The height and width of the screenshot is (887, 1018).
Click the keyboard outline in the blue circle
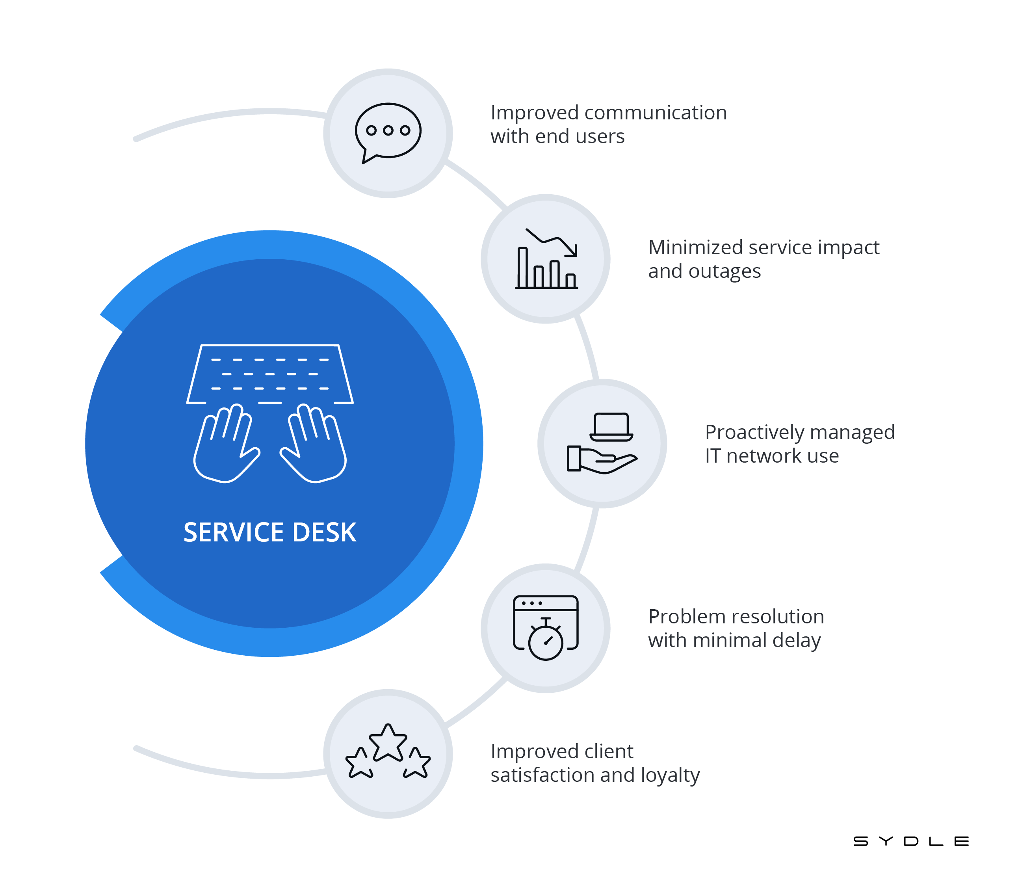[270, 374]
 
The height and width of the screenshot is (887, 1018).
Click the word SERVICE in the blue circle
[234, 533]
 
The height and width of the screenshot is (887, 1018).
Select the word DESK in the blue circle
[324, 533]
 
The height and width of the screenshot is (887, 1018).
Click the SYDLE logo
[910, 841]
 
